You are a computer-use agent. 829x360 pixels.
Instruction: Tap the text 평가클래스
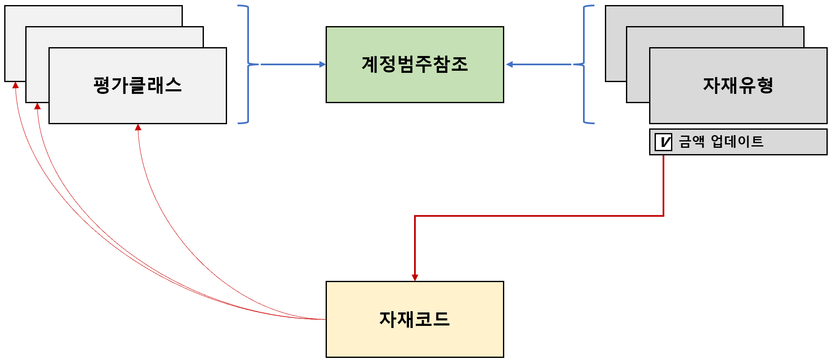click(x=137, y=85)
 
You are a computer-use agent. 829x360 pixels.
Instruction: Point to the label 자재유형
click(x=738, y=85)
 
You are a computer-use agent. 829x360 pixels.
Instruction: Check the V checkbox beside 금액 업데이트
click(x=663, y=142)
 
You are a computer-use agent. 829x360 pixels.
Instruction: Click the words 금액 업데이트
click(x=721, y=141)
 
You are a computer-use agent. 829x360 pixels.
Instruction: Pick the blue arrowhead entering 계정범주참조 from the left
click(x=322, y=64)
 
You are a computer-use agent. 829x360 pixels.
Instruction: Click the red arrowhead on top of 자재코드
click(x=415, y=277)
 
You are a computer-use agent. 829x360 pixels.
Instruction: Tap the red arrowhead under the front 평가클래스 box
click(x=138, y=127)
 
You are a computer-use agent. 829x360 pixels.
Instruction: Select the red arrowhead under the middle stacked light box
click(x=37, y=106)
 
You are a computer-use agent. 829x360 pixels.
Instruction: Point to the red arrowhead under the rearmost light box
click(x=16, y=85)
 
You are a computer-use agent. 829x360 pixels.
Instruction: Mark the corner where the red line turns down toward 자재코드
click(x=415, y=216)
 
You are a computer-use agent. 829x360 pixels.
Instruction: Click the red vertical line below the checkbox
click(x=663, y=185)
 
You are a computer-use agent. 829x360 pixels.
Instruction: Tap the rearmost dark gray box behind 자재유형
click(x=693, y=15)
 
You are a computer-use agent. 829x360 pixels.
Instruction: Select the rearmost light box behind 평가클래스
click(x=93, y=15)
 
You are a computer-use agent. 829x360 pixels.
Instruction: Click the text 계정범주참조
click(x=414, y=64)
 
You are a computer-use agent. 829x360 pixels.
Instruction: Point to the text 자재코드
click(x=414, y=319)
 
